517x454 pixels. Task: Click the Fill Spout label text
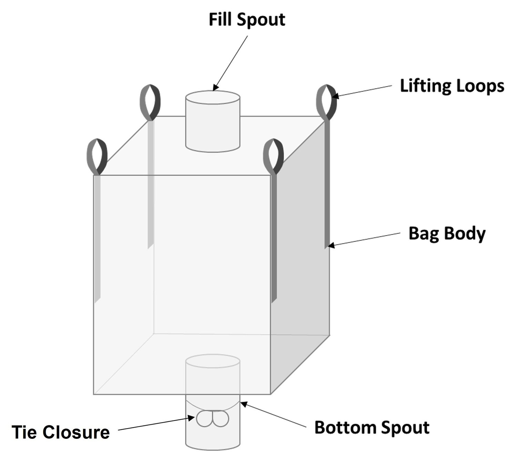247,20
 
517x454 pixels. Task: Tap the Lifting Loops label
452,86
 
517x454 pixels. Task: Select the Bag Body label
447,233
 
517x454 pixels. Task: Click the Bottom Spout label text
372,427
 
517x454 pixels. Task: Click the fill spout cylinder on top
213,121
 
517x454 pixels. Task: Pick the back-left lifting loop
150,102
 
